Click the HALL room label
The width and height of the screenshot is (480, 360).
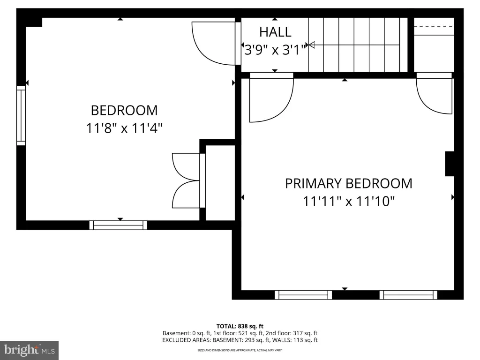[275, 32]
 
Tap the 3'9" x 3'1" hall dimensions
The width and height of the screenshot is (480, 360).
[275, 50]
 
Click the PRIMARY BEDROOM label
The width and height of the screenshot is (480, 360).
[349, 183]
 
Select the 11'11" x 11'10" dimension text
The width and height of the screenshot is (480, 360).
[349, 202]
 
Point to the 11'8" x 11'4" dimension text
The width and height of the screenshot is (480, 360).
[124, 128]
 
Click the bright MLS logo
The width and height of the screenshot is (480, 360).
[30, 350]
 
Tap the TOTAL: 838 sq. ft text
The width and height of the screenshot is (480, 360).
[240, 326]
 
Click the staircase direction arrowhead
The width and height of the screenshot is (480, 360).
[312, 45]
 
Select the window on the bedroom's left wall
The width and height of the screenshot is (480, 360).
[21, 115]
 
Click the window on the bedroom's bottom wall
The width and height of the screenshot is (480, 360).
[118, 225]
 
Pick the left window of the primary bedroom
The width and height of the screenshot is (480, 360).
[303, 295]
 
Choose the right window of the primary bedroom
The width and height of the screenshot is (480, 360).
[408, 295]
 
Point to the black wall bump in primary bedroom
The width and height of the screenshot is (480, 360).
[450, 164]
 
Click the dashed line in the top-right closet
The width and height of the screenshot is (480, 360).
[434, 26]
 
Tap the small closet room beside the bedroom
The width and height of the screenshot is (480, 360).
[220, 183]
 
